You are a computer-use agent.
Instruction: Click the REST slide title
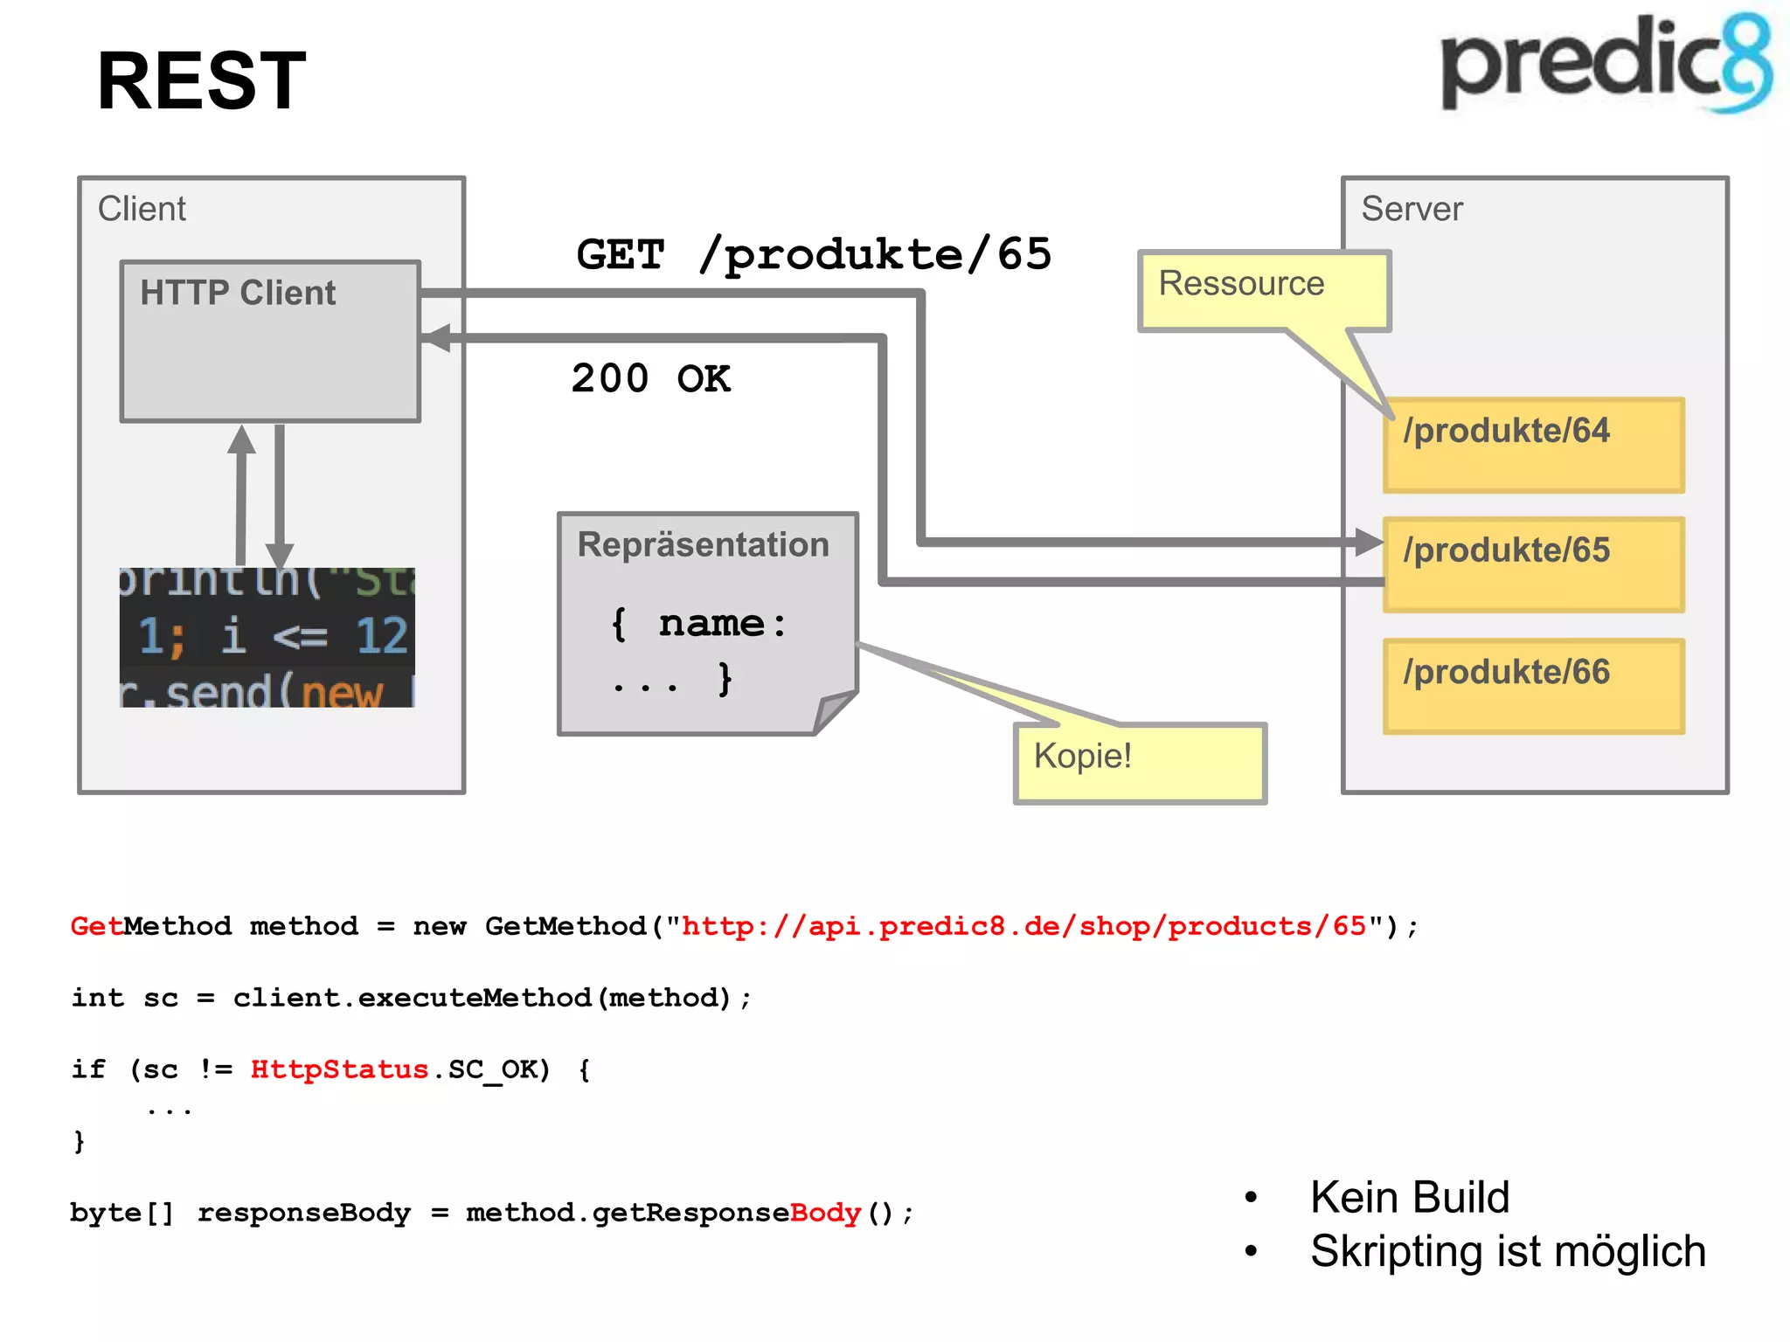click(x=201, y=81)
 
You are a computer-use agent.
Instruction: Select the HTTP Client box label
click(x=238, y=293)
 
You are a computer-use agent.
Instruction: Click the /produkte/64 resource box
click(x=1533, y=446)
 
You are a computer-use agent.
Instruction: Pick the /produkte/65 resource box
click(x=1533, y=565)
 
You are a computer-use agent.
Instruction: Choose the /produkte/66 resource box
click(x=1533, y=686)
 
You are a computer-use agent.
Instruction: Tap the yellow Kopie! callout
click(x=1139, y=762)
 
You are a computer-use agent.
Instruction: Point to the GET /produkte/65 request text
click(x=814, y=255)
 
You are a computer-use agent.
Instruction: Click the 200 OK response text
click(x=651, y=379)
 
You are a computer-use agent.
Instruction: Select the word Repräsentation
click(x=703, y=544)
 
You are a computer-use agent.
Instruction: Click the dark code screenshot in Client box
click(x=267, y=638)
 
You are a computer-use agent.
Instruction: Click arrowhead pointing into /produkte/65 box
click(x=1368, y=542)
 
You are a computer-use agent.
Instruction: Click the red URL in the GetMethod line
click(x=1023, y=926)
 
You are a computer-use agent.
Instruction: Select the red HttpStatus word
click(x=339, y=1069)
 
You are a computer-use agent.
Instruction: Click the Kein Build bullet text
click(x=1409, y=1197)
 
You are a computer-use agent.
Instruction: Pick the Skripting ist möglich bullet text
click(x=1508, y=1251)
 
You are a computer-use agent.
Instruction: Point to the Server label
click(x=1411, y=209)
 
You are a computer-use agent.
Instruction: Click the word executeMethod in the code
click(x=475, y=998)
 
